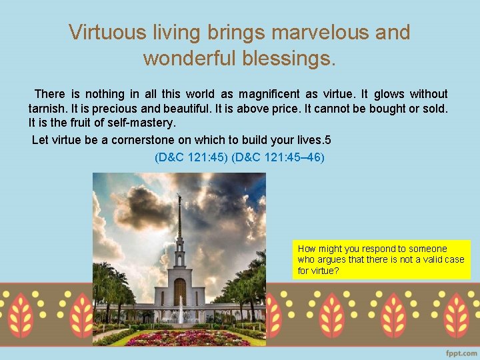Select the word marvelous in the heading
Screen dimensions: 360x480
click(311, 32)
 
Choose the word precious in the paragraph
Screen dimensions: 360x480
click(112, 108)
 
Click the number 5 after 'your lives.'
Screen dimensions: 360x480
click(327, 141)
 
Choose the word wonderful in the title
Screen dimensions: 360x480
click(189, 59)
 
